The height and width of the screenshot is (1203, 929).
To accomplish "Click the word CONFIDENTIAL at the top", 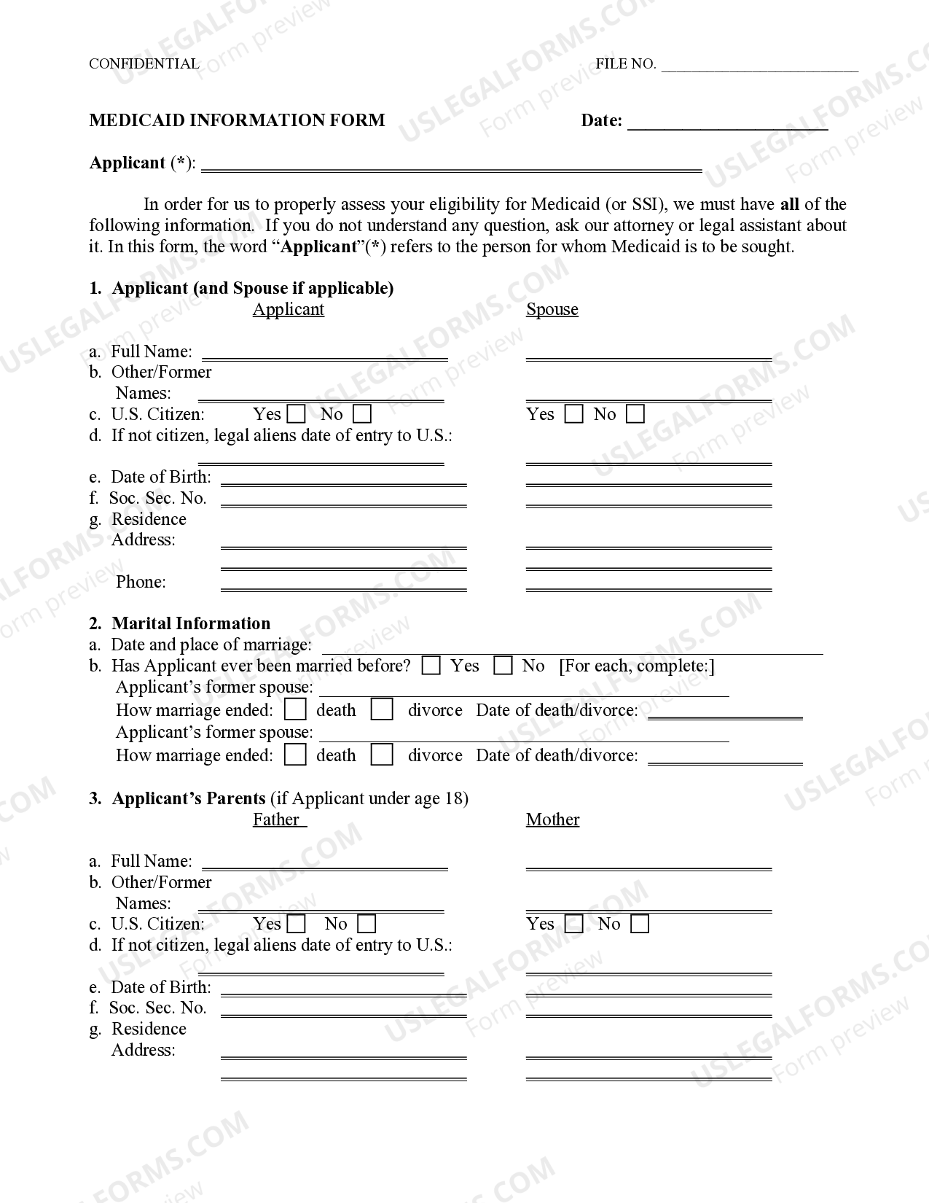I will point(144,64).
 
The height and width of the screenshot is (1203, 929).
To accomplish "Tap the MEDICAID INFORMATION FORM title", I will point(237,120).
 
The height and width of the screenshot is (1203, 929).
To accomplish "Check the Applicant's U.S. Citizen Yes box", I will point(297,415).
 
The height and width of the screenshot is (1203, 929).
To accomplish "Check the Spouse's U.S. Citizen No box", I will point(635,415).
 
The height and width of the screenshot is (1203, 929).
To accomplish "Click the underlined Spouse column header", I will point(552,309).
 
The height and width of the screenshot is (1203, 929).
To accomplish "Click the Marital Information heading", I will point(190,623).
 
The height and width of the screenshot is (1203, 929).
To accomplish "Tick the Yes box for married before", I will point(431,666).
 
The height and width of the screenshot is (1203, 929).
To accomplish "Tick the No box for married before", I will point(503,666).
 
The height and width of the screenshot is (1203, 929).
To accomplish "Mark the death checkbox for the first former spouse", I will point(295,710).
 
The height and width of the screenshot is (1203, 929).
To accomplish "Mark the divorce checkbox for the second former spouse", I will point(382,755).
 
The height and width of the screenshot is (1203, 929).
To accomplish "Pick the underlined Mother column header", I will point(552,819).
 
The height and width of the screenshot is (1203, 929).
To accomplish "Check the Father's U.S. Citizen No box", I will point(366,924).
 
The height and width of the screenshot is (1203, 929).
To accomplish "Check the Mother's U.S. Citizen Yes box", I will point(574,924).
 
